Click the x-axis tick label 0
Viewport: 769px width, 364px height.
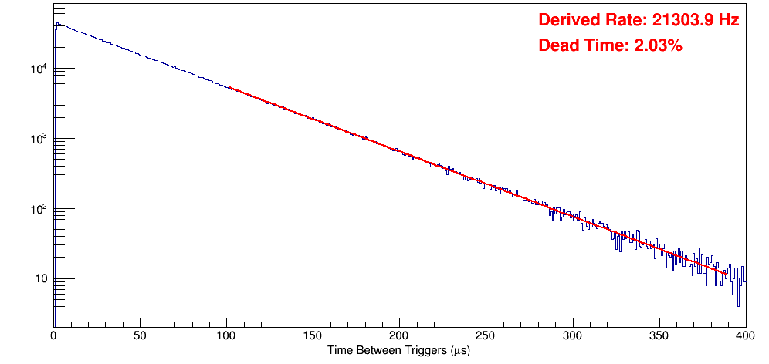(53, 336)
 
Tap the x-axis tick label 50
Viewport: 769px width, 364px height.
(140, 336)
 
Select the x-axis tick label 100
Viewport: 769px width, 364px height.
(226, 336)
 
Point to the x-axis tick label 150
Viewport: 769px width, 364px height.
(313, 336)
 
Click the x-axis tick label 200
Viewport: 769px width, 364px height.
(399, 336)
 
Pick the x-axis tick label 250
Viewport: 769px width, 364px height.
(486, 336)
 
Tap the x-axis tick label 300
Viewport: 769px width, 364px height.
(572, 336)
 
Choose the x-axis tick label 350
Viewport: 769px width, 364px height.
(659, 336)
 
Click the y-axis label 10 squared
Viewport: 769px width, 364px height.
(39, 210)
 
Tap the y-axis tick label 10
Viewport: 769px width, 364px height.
(41, 279)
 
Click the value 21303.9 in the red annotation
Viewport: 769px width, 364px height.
(678, 21)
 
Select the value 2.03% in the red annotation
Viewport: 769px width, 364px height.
(657, 46)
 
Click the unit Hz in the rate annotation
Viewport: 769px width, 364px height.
(730, 21)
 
